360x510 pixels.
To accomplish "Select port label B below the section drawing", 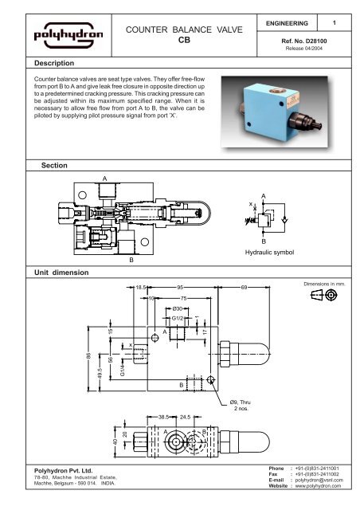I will (131, 260).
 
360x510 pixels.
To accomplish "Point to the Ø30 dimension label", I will (178, 308).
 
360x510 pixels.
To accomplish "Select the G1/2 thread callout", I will (178, 319).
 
